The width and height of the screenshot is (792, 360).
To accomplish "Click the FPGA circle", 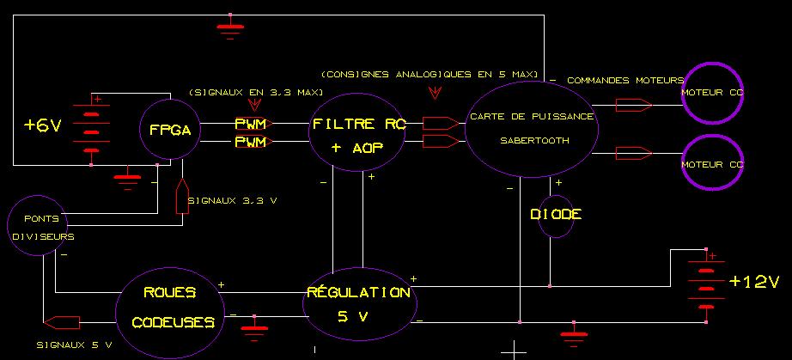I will (170, 130).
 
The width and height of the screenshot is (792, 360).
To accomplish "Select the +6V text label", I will (42, 125).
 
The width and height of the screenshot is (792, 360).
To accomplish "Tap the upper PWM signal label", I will (250, 124).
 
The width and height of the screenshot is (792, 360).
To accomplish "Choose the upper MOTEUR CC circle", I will (712, 92).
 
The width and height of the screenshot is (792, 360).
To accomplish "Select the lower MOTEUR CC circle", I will (712, 164).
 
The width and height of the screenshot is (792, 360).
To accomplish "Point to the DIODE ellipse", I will (549, 214).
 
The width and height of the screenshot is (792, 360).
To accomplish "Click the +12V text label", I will (753, 282).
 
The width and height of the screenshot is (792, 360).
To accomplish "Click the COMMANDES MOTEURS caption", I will (624, 80).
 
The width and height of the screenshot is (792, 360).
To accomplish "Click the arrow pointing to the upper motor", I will (634, 106).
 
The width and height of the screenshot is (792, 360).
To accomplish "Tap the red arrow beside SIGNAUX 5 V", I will (61, 322).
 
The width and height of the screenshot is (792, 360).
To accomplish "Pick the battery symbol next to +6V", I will (91, 125).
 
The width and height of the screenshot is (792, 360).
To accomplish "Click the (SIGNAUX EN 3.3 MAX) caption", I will (255, 91).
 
